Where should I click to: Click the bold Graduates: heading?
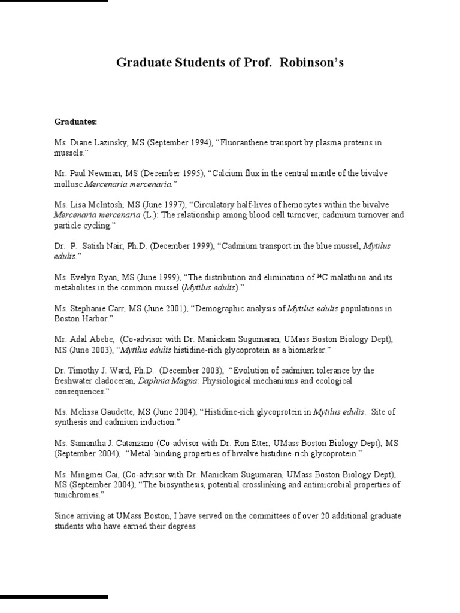[75, 121]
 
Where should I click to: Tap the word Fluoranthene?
[247, 143]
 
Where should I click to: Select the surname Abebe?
[100, 339]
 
